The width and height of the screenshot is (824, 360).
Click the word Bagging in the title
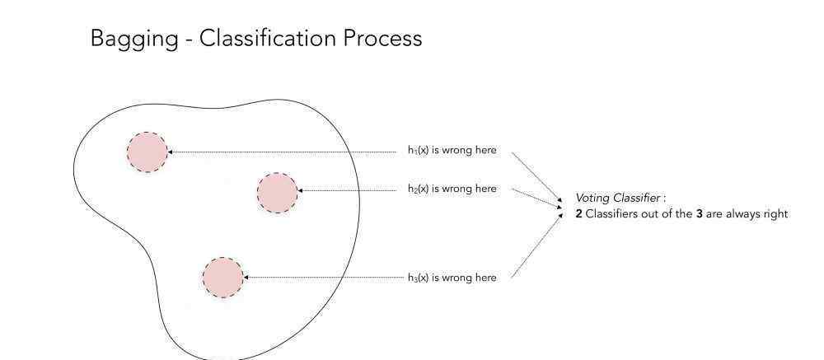point(134,40)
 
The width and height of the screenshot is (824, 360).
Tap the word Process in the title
point(383,39)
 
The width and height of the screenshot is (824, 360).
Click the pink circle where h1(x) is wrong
point(147,152)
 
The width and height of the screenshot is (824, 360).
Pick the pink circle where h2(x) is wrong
point(278,193)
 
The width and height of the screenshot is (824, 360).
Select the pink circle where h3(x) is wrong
point(222,278)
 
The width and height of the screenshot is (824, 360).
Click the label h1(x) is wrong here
point(452,150)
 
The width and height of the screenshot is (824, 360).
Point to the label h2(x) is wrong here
point(452,189)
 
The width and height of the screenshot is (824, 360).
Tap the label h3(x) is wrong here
point(452,278)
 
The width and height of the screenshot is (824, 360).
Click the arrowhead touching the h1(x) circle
point(170,152)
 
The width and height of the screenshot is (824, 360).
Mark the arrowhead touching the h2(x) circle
point(300,190)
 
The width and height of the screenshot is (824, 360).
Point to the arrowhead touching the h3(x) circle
point(246,277)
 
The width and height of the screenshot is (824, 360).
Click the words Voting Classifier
point(617,199)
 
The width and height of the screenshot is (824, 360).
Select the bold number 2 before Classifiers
point(578,214)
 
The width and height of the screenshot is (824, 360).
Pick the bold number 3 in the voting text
point(700,214)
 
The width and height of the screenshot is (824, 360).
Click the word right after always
point(774,214)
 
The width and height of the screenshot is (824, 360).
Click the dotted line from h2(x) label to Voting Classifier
point(537,199)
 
